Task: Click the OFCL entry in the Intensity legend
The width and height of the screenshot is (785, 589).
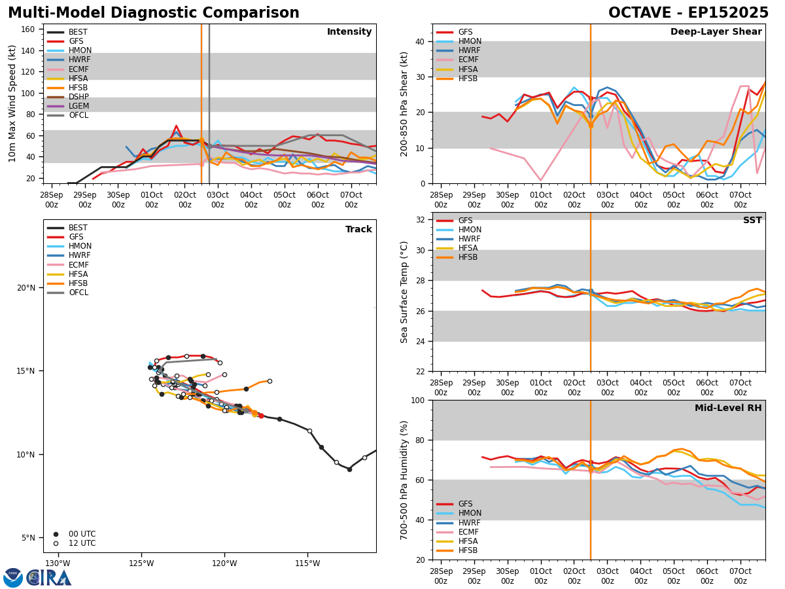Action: click(x=78, y=115)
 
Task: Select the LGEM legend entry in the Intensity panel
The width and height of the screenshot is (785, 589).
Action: click(x=78, y=106)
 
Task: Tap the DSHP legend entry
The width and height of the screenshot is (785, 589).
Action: click(x=78, y=97)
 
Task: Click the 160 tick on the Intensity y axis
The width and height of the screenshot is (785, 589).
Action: click(x=29, y=29)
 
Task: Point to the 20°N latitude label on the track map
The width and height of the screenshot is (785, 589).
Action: click(x=26, y=288)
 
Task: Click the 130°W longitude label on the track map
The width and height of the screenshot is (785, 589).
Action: click(x=58, y=563)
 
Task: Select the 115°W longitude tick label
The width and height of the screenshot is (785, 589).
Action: click(x=307, y=563)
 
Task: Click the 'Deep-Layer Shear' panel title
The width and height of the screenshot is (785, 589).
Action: click(x=716, y=32)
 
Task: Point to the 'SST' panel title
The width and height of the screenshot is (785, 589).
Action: click(x=752, y=221)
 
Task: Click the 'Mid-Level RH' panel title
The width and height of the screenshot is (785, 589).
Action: click(x=728, y=408)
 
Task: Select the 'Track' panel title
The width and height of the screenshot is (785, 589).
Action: click(x=358, y=230)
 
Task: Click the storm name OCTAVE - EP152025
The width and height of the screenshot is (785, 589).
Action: click(x=688, y=13)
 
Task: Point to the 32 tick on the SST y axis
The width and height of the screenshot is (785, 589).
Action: click(x=421, y=220)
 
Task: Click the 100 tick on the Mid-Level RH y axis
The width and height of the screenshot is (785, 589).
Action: click(x=417, y=401)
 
